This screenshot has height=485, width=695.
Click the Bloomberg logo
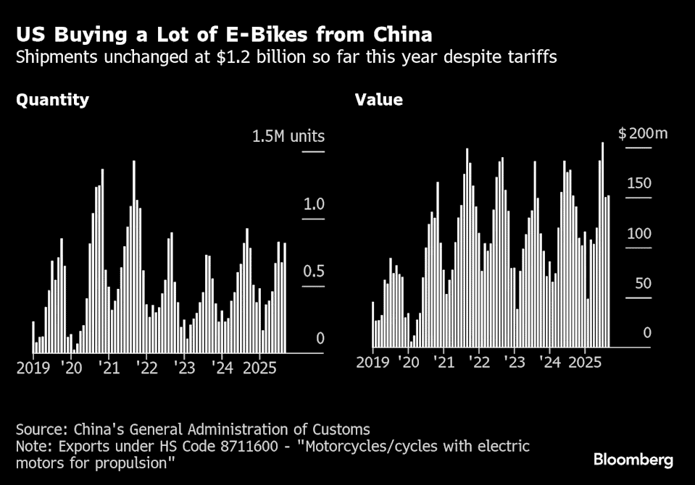click(x=633, y=460)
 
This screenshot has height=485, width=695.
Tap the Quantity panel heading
click(x=53, y=100)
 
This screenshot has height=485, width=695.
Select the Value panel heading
click(x=378, y=100)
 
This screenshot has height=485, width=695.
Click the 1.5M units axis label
click(x=288, y=136)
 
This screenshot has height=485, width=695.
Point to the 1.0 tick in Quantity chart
click(x=314, y=204)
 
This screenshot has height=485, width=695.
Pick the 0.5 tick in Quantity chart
click(x=314, y=271)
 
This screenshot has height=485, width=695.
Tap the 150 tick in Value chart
click(x=639, y=183)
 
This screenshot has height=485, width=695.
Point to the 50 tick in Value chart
click(x=642, y=283)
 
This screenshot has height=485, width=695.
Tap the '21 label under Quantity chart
click(x=109, y=368)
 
